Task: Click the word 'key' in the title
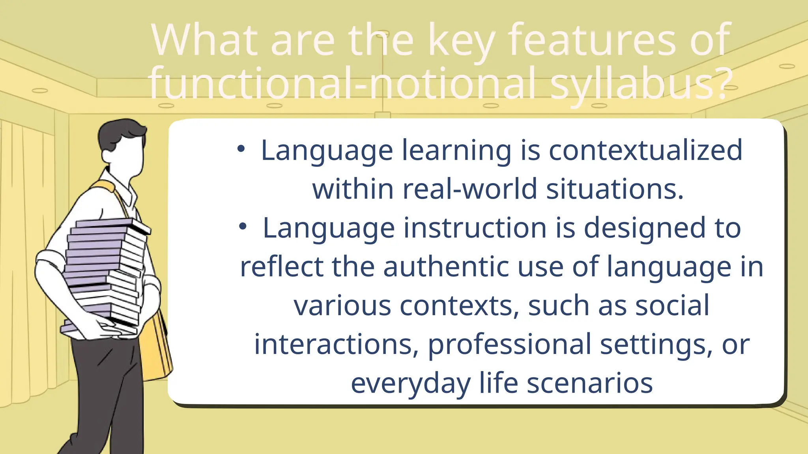[461, 40]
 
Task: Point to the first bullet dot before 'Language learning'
[241, 149]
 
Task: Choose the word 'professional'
[509, 344]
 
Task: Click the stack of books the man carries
[105, 272]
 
